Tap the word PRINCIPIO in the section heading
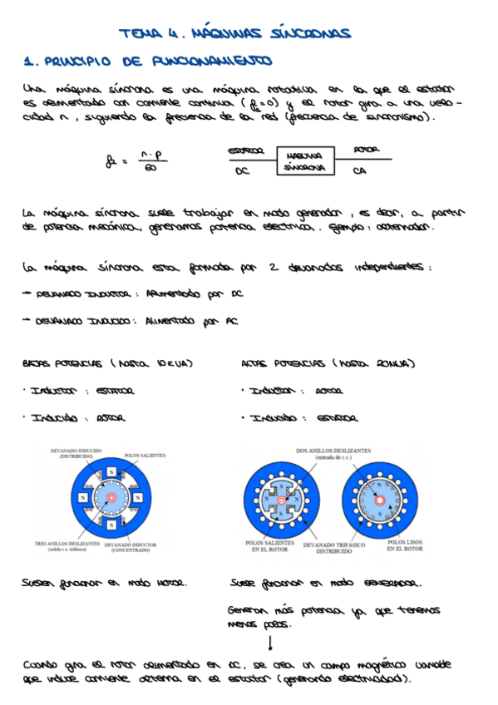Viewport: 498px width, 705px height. pos(76,62)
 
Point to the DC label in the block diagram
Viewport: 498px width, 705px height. pos(242,171)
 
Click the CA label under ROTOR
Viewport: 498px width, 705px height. pos(359,171)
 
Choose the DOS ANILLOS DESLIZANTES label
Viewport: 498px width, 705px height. pos(334,453)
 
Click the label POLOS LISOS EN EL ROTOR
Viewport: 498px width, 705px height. pos(406,545)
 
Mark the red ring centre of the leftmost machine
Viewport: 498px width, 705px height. pos(110,498)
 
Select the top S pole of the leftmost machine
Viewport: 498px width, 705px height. pos(111,475)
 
